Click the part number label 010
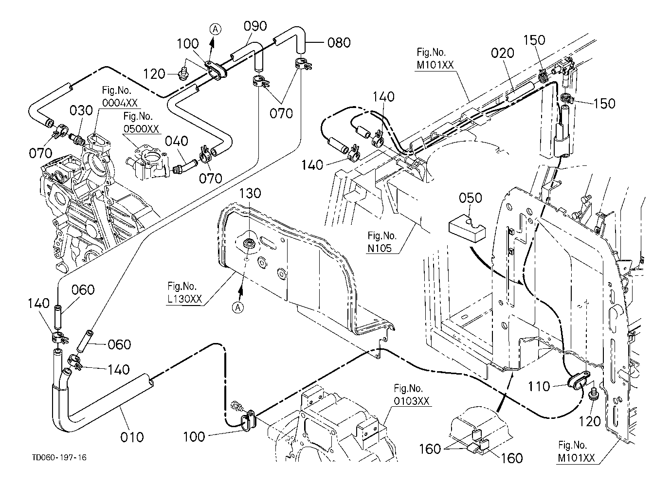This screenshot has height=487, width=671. point(132,436)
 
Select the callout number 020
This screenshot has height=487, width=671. point(502,53)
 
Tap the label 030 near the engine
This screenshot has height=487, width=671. point(81,111)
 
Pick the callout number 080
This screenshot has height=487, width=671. point(339,43)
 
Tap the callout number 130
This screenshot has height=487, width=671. point(250,194)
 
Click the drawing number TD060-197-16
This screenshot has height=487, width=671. point(60,458)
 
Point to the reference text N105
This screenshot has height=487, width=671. point(381,247)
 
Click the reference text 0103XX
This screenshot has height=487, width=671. point(411,401)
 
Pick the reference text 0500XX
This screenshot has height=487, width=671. point(141,129)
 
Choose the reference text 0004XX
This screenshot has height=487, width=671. point(120,103)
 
